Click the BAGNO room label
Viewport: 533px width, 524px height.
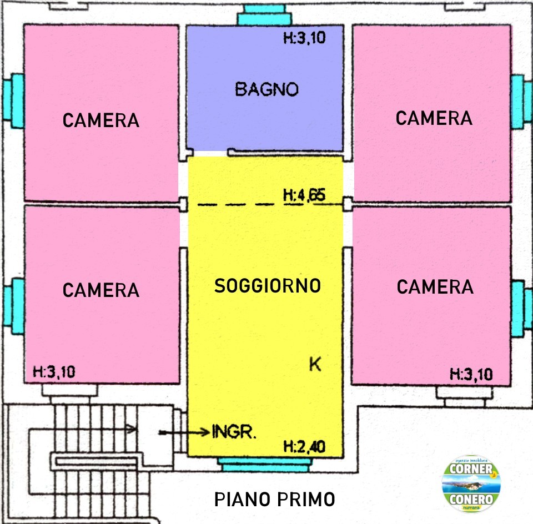click(267, 89)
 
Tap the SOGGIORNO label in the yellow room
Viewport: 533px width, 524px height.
click(268, 286)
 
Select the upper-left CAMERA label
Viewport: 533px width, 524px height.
click(101, 120)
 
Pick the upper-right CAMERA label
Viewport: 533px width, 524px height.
click(434, 118)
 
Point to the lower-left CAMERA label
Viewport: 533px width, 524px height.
click(101, 290)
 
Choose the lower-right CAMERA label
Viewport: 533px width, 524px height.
click(435, 287)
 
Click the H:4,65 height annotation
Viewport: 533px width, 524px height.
click(304, 195)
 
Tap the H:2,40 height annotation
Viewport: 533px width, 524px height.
click(305, 447)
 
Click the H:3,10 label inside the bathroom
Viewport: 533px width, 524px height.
click(305, 37)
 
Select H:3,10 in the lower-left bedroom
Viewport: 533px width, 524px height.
click(54, 372)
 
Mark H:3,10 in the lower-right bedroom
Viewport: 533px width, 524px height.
click(471, 374)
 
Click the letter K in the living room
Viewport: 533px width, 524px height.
click(315, 364)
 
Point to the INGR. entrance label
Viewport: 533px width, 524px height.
click(234, 431)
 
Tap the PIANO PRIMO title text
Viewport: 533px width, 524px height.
click(275, 500)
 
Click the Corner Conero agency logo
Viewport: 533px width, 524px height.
click(471, 483)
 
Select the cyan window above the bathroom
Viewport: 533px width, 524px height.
click(264, 15)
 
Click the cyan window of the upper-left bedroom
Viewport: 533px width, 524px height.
click(13, 101)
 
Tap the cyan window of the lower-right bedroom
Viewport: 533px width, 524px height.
click(521, 309)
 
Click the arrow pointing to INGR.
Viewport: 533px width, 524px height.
click(184, 432)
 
